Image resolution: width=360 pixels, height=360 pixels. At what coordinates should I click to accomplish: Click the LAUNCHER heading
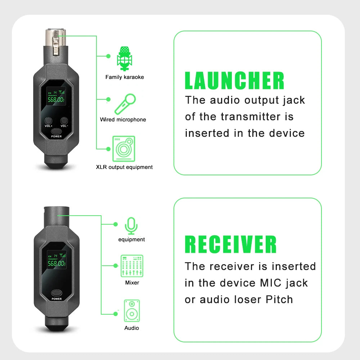click(234, 81)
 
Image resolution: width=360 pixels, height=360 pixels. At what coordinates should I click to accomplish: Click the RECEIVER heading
click(230, 244)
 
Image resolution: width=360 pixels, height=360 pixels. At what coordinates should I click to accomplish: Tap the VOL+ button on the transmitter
click(49, 121)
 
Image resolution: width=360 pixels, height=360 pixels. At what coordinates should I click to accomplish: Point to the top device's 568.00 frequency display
click(56, 99)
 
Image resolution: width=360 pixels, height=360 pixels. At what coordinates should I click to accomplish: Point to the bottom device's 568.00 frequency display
click(56, 263)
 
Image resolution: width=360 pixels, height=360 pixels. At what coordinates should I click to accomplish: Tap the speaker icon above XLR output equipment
click(123, 148)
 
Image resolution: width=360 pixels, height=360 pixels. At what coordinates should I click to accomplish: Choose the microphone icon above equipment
click(131, 225)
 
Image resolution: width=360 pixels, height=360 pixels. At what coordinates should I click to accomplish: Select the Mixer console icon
click(132, 266)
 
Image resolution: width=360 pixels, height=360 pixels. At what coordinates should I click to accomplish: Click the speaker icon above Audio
click(132, 311)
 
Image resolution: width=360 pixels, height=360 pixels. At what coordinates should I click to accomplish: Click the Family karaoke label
click(125, 77)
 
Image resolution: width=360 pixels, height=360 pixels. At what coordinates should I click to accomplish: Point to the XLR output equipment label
click(124, 167)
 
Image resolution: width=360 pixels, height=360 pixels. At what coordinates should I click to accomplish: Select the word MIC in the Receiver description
click(271, 283)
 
